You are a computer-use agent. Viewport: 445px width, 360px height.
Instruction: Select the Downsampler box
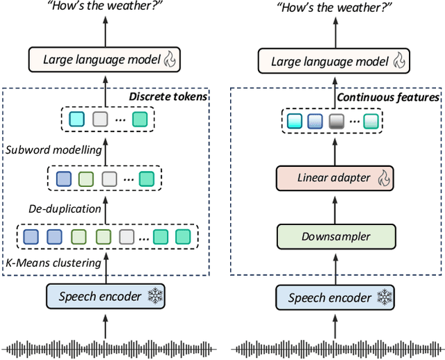tap(335, 236)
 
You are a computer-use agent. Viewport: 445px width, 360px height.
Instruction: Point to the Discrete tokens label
tap(168, 97)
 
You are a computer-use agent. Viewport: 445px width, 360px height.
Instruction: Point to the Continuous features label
tap(388, 97)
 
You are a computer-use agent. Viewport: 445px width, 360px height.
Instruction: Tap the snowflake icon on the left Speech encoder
tap(154, 297)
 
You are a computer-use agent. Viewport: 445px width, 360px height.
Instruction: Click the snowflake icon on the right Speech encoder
tap(383, 297)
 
